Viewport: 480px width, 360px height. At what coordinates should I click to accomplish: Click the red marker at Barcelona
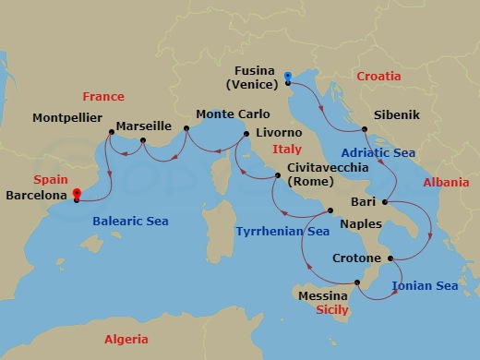(76, 194)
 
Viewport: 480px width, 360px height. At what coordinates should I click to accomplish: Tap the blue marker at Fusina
(288, 77)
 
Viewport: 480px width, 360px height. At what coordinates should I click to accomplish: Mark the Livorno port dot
(246, 134)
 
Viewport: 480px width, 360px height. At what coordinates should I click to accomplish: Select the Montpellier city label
(68, 118)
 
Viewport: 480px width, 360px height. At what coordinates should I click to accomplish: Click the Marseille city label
(145, 126)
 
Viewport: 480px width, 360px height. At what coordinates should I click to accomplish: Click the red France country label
(102, 96)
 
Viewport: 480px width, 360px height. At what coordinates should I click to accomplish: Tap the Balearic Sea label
(129, 222)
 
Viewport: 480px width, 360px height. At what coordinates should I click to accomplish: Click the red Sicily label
(331, 310)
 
